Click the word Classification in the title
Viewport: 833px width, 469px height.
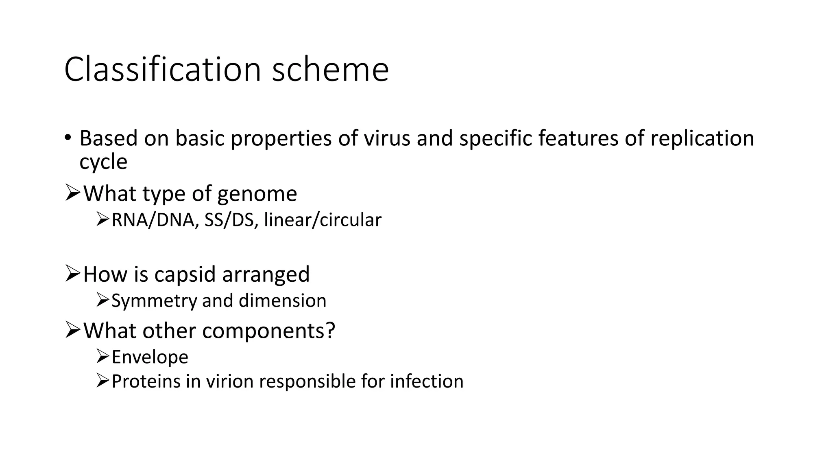tap(162, 70)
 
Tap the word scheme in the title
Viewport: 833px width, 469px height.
tap(330, 70)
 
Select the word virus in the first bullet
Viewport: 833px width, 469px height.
tap(387, 138)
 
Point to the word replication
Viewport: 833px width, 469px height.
tap(702, 139)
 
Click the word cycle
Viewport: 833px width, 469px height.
tap(103, 162)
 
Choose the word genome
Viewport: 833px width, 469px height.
tap(257, 194)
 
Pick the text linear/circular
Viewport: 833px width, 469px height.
tap(323, 220)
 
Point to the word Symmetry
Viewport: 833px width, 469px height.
tap(154, 301)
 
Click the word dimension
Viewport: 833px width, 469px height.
tap(282, 301)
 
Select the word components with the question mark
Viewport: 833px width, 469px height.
tap(268, 330)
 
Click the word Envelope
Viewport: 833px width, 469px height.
tap(150, 357)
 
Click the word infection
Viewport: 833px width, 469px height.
tap(427, 381)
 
